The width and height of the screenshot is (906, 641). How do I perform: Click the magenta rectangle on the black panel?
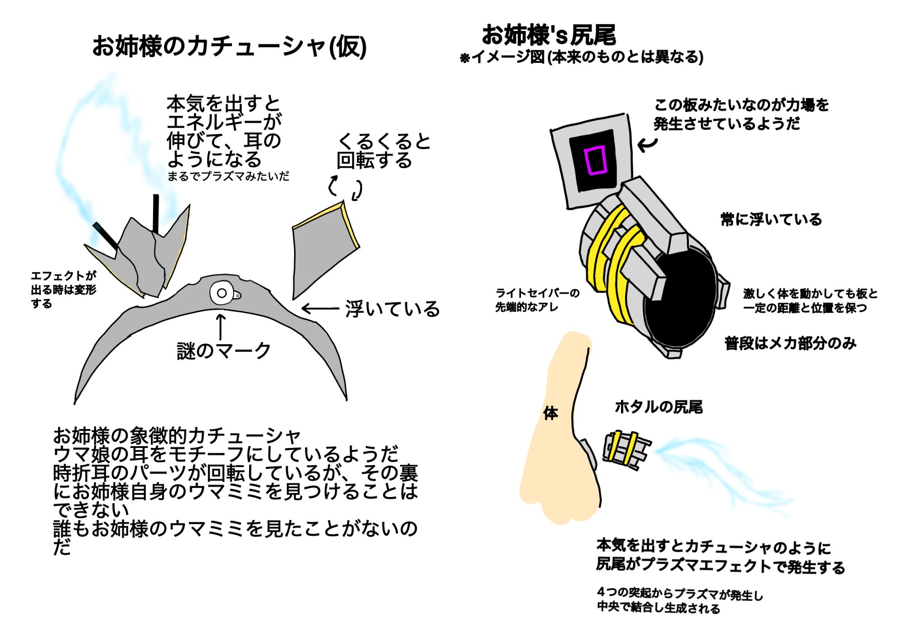595,160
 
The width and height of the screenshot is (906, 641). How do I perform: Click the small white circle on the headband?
222,293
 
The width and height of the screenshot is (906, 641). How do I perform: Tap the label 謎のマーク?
224,351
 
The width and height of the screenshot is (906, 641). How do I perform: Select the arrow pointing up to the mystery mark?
221,326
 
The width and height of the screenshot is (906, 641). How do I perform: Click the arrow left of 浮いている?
320,309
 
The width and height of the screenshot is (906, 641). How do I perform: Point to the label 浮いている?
392,309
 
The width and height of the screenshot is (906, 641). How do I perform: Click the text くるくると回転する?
383,151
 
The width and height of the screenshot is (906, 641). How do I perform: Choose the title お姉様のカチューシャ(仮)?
229,47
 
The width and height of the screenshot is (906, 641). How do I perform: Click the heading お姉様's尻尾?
549,35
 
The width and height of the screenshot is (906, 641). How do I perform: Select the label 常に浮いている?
771,220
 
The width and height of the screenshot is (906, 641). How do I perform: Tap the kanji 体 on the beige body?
550,413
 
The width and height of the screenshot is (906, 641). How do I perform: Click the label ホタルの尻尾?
659,407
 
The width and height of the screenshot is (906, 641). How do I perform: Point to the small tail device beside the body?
626,451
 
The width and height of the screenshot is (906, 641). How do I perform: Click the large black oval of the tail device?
679,299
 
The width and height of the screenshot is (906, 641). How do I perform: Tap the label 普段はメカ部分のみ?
790,343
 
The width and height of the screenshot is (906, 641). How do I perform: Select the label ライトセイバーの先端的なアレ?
537,300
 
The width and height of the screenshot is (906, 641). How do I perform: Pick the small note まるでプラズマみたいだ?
228,176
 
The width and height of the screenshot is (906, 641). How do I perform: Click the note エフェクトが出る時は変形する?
63,289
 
